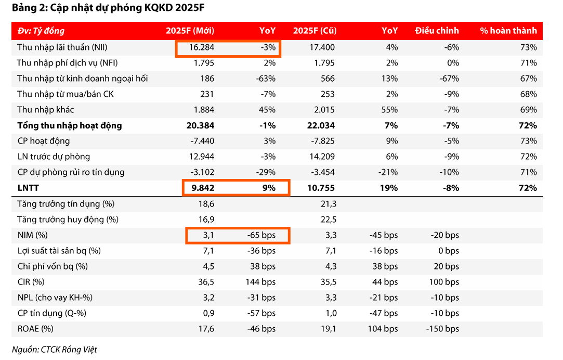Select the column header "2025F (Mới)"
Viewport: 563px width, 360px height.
(190, 31)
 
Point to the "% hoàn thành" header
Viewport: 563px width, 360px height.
(508, 31)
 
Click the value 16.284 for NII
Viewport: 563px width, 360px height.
(202, 47)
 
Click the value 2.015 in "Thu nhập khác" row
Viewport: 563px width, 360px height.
(324, 110)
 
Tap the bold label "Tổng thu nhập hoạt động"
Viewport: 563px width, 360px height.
(70, 125)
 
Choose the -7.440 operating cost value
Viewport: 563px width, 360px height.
(200, 141)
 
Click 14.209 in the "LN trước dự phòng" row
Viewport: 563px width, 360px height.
(324, 157)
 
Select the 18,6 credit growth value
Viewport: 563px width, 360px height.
(206, 204)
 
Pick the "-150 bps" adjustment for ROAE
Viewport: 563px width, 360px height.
(442, 329)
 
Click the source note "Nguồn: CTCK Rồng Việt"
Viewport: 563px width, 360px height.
(54, 350)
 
